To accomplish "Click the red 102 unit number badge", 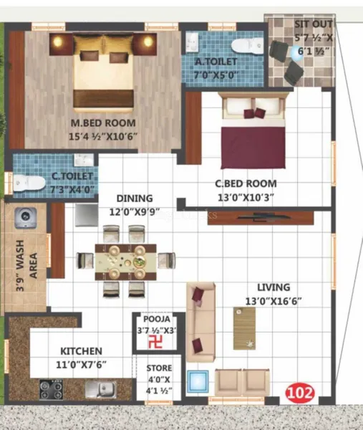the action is tap(300, 393).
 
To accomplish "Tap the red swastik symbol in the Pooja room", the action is tap(155, 343).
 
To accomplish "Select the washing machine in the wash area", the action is tap(26, 218).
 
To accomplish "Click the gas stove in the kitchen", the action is tap(51, 389).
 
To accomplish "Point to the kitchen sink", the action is tap(100, 389).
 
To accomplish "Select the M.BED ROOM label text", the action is tap(103, 123).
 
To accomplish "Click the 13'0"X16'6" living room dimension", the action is tap(274, 302).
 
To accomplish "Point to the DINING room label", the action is tap(135, 199).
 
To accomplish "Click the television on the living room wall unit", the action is tap(263, 217).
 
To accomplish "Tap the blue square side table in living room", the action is tap(198, 382).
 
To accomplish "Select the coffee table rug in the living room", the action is tap(244, 328).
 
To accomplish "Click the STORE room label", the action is tap(159, 368).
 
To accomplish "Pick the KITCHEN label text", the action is tap(81, 351).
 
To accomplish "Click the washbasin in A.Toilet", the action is tap(192, 43).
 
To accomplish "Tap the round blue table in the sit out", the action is tap(296, 53).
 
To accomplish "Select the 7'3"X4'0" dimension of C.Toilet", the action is tap(72, 189).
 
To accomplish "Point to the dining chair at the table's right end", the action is tap(167, 260).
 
